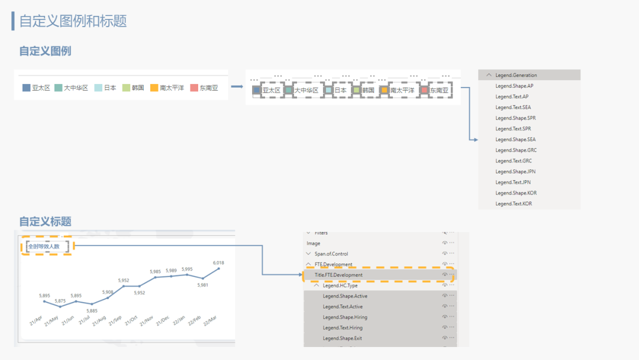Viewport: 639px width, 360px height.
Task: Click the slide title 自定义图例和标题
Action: [73, 21]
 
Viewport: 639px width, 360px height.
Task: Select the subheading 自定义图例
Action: [45, 51]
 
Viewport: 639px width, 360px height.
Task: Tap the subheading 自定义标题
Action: [45, 221]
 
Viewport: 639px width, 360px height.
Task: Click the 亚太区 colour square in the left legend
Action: [26, 88]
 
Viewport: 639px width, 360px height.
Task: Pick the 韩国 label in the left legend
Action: [137, 88]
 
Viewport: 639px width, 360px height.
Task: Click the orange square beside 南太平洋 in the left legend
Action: [154, 88]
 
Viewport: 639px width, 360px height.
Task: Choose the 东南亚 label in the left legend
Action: [209, 88]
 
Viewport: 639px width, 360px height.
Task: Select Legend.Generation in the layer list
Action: [517, 75]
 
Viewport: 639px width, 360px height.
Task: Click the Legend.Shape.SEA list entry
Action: [515, 140]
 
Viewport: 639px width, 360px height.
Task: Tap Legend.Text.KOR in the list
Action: [514, 204]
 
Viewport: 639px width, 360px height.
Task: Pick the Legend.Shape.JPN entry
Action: [515, 172]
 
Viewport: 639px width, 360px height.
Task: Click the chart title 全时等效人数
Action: [44, 246]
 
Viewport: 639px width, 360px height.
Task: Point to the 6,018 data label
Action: [218, 262]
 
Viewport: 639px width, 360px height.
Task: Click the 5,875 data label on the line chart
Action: [60, 301]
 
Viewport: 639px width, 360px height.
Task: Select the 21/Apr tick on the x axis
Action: [36, 321]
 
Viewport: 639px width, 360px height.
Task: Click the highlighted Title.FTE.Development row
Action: [338, 275]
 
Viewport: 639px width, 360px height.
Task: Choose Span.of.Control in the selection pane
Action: [331, 254]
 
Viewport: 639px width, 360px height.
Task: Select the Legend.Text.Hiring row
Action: [343, 328]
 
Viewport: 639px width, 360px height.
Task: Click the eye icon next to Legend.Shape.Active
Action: [444, 296]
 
